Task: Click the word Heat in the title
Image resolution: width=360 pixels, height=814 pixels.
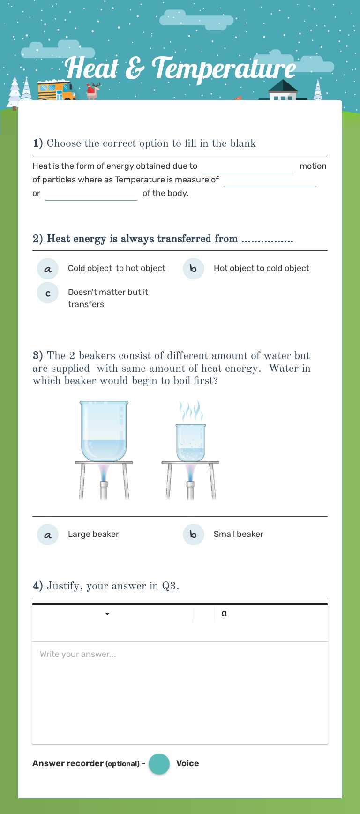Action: [92, 68]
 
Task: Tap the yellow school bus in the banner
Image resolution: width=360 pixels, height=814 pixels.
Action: [56, 90]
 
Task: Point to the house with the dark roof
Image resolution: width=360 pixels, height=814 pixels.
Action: [283, 91]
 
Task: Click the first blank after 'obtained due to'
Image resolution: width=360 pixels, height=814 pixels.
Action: [248, 167]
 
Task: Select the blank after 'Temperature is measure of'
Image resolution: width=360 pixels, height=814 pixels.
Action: [270, 181]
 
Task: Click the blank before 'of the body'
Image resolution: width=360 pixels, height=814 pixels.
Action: [91, 194]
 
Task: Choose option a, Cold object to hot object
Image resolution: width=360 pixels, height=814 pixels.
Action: [48, 269]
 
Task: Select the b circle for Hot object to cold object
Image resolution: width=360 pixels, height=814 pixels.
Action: [193, 269]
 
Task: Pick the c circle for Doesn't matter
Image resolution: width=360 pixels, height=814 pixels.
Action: [48, 293]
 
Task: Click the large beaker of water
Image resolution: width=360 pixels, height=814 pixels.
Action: [104, 431]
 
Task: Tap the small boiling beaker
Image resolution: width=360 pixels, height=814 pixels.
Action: [190, 443]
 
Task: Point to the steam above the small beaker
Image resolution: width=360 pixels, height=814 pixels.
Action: [191, 411]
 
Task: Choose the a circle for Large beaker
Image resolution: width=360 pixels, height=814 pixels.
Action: [48, 535]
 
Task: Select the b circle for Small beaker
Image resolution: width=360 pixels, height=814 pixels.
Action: [193, 535]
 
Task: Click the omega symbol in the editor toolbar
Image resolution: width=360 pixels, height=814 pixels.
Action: [224, 614]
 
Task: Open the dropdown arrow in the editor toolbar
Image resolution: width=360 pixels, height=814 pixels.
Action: [107, 614]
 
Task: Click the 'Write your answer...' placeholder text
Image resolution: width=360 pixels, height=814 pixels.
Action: [78, 654]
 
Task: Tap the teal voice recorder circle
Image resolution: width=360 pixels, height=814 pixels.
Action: [159, 764]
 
